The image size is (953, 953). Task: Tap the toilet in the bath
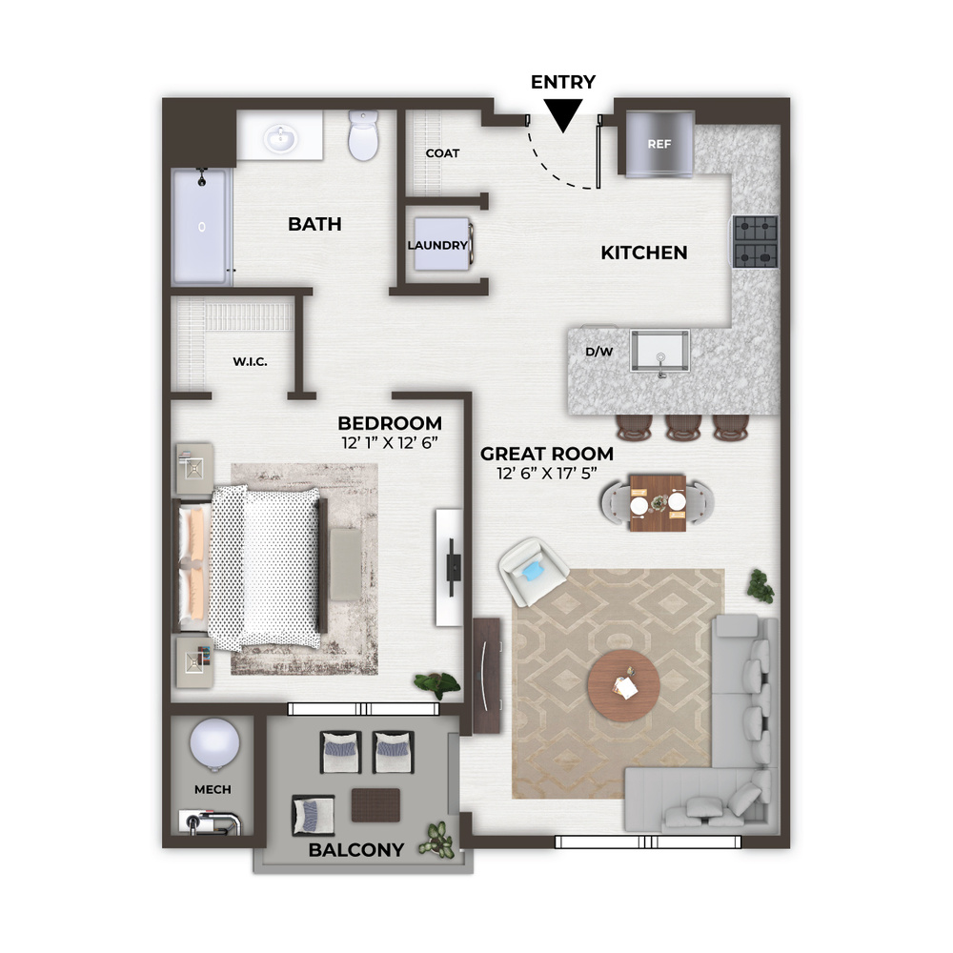coord(363,135)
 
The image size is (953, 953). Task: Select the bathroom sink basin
coord(280,138)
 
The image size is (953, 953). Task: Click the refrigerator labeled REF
coord(659,145)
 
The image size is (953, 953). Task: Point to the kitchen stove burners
coord(756,242)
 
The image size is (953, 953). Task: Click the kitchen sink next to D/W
coord(660,351)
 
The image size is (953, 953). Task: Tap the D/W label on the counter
coord(598,352)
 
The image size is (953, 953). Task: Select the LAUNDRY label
coord(437,245)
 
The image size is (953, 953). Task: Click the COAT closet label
coord(442,153)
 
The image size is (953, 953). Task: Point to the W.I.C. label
coord(250,361)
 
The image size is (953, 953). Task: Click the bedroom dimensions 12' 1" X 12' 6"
coord(390,442)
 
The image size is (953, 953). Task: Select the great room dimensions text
coord(547,473)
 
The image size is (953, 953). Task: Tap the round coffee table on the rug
coord(623,685)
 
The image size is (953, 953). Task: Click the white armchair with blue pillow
coord(533,571)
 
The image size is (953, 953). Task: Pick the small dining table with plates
coord(658,502)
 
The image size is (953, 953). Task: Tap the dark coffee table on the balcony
coord(375,805)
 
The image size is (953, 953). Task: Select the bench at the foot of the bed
coord(346,564)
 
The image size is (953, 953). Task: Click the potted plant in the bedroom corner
coord(437,684)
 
